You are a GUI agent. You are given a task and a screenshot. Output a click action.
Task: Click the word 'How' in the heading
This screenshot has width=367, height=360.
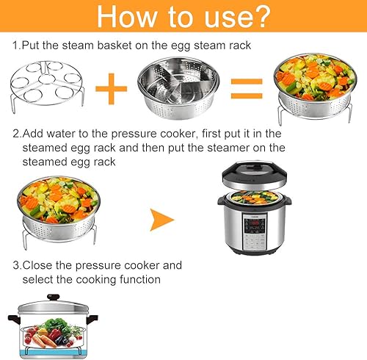coord(127,16)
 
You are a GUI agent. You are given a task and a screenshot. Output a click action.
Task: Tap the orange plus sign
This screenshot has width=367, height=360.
coord(112,89)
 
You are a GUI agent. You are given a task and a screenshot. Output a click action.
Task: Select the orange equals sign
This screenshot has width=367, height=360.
coord(247,89)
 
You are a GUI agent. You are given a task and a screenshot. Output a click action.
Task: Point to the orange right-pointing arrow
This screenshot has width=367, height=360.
coord(161,220)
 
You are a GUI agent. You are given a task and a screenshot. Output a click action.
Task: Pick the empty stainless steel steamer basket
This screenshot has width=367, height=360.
coord(178,87)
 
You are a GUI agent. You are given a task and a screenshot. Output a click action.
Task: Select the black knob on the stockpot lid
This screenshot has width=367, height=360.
coord(54,298)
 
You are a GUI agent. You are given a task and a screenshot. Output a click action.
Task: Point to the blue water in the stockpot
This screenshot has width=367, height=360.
coord(53,353)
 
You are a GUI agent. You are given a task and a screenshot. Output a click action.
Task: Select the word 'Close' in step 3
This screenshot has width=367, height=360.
coord(37,265)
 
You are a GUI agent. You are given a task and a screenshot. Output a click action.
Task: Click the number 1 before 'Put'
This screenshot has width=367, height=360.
coord(15,46)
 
